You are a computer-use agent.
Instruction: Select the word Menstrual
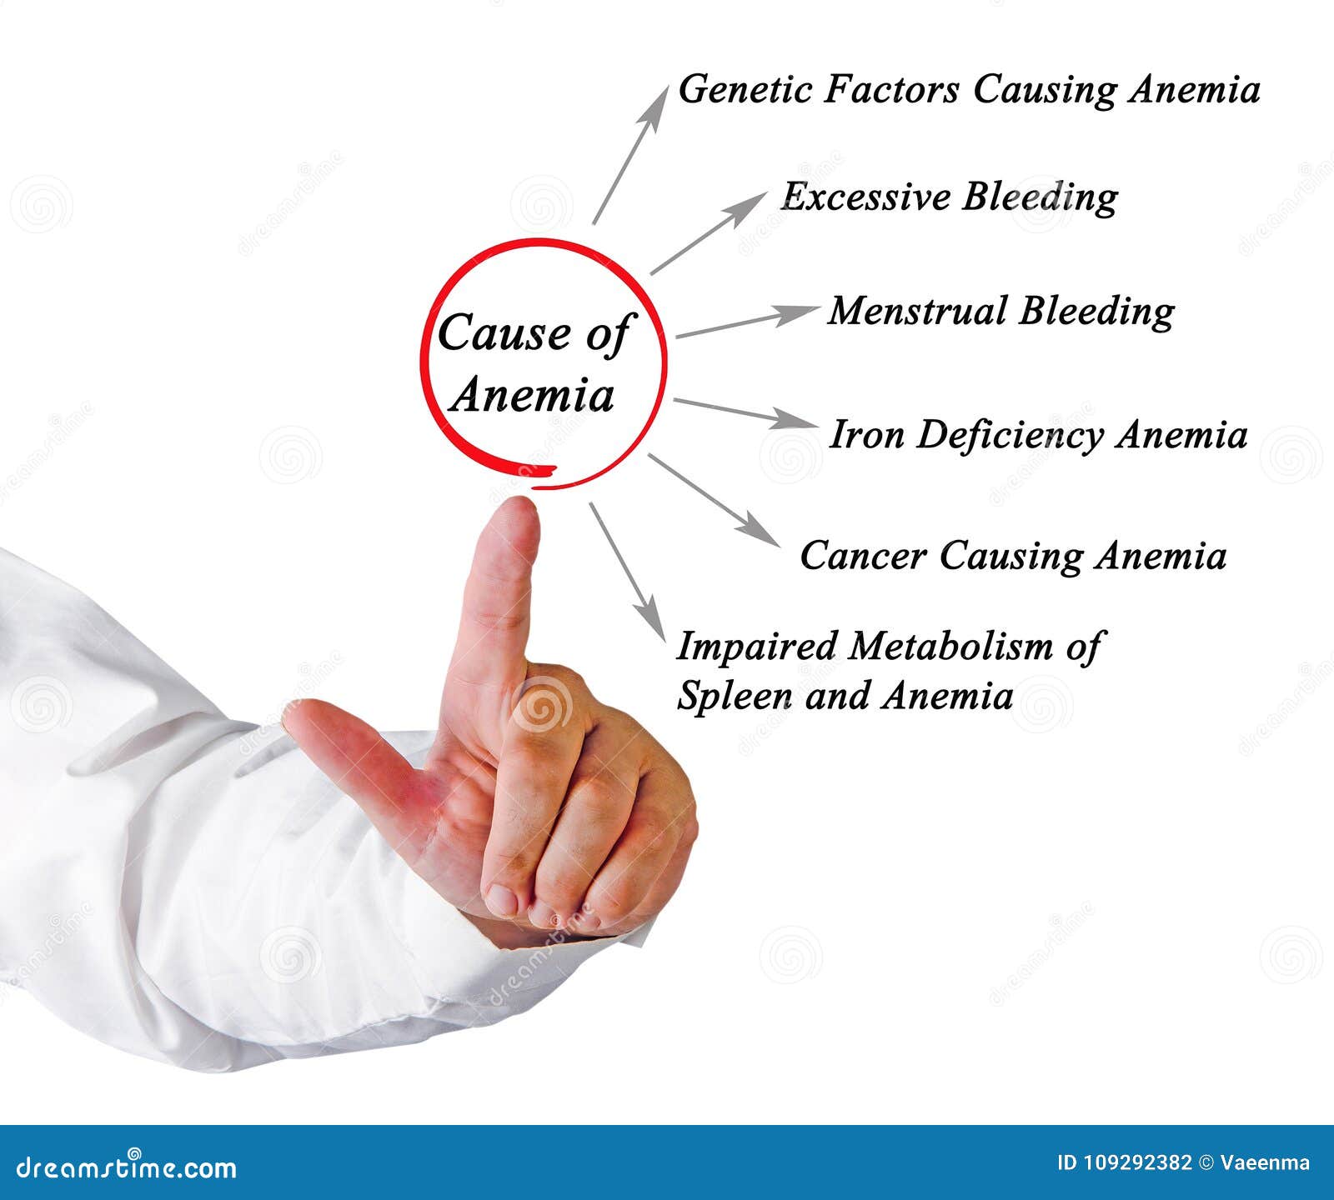917,312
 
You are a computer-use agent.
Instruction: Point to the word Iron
866,435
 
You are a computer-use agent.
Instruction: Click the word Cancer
863,556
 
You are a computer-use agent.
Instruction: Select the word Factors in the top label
891,90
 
